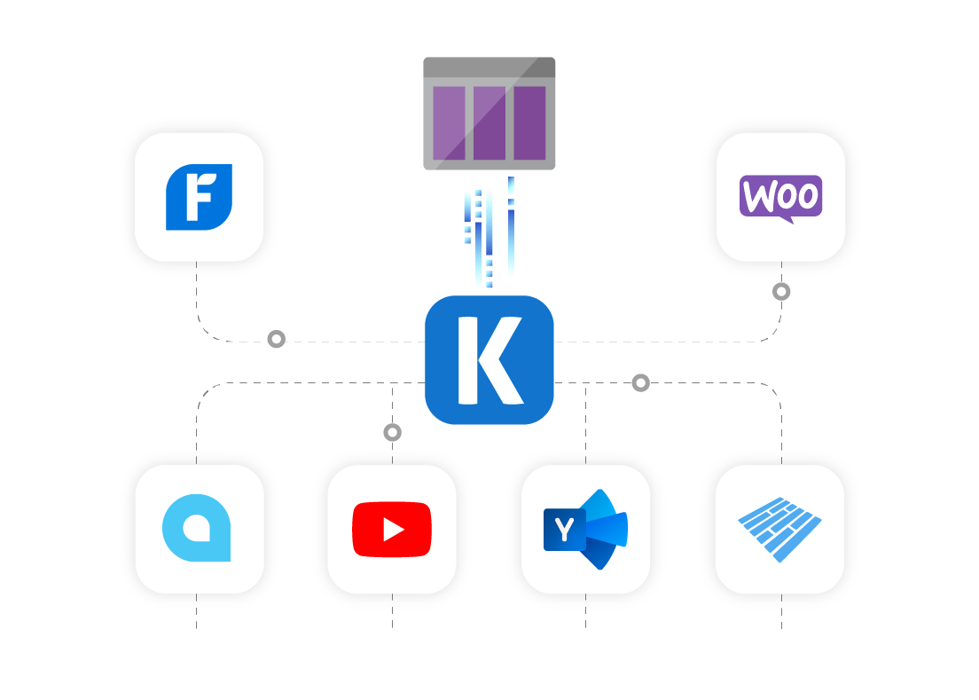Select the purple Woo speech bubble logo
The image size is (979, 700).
pos(780,196)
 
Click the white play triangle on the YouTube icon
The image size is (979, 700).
pos(392,530)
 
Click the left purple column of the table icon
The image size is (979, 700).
pos(448,122)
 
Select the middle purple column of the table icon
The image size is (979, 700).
pos(489,122)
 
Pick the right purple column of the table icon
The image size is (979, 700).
pos(529,122)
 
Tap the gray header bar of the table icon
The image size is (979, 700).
pos(489,67)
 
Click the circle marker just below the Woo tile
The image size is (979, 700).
pos(780,291)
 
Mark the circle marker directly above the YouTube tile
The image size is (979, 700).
pos(392,432)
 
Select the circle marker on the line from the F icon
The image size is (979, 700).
pos(277,339)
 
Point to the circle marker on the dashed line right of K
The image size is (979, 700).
pos(640,382)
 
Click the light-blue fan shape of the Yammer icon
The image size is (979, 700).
pos(607,529)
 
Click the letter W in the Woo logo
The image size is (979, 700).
pos(756,196)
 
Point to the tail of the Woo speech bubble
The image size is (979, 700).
pos(786,217)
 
